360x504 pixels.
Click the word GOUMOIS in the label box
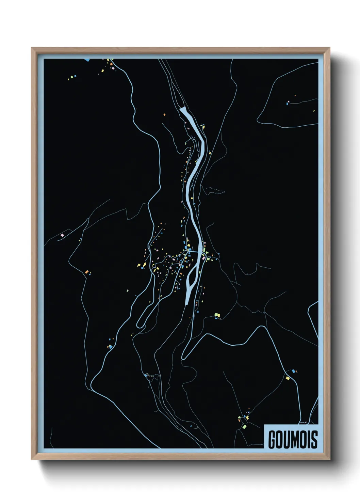293,439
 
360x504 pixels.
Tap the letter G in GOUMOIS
272,439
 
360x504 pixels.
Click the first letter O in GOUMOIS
280,439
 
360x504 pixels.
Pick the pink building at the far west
62,235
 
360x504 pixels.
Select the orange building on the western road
87,272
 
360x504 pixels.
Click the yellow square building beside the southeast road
288,378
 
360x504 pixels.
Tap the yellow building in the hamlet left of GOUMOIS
244,426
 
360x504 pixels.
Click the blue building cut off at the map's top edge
87,60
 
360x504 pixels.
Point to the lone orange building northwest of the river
164,115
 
